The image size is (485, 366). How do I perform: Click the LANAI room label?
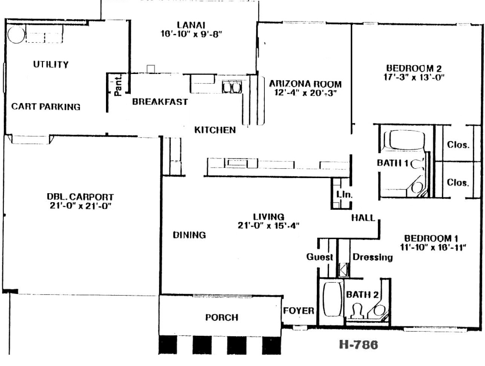(x=191, y=25)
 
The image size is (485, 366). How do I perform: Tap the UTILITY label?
(x=51, y=64)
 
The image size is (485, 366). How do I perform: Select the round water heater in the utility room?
(x=16, y=34)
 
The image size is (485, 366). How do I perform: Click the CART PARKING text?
(x=46, y=106)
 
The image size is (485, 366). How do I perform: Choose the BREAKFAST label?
(x=160, y=102)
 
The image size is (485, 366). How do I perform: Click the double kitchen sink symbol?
(x=232, y=87)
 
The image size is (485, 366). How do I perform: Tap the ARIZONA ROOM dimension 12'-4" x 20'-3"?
(x=305, y=93)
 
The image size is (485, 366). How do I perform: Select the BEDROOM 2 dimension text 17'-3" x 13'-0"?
(x=414, y=77)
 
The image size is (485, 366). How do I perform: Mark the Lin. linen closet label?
(x=344, y=195)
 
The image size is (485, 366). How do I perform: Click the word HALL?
(x=363, y=218)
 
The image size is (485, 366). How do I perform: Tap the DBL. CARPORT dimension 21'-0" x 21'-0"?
(x=80, y=206)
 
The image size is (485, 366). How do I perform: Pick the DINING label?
(x=189, y=235)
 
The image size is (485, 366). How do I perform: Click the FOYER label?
(x=299, y=311)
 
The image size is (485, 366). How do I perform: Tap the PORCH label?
(x=222, y=318)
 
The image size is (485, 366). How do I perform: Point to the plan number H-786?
(x=358, y=345)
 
